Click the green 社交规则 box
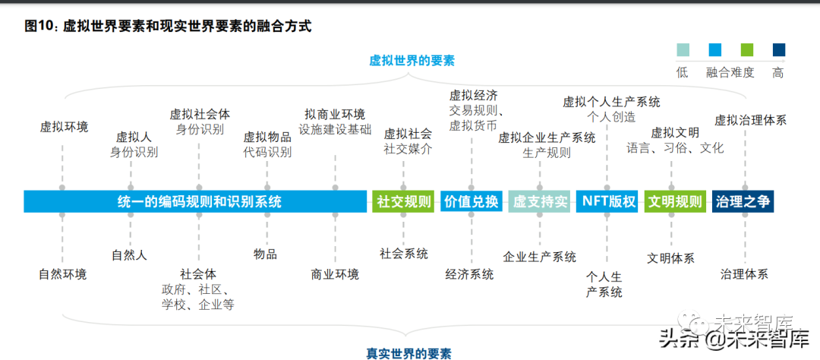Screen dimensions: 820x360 (403, 201)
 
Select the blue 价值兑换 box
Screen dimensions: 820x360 (471, 201)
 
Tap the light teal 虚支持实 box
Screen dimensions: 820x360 (539, 201)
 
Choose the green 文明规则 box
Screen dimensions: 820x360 (675, 201)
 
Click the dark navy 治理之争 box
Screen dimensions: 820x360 (743, 201)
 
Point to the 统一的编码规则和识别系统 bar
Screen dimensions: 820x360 (194, 201)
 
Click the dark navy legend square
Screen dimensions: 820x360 (778, 50)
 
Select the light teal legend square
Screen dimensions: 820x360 (683, 50)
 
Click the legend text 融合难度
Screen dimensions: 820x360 (730, 73)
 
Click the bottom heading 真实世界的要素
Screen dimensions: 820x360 (408, 352)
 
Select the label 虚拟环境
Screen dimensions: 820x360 (64, 126)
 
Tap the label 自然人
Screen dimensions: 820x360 (129, 255)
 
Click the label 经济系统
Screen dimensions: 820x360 (469, 274)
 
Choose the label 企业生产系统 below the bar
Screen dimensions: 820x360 (539, 257)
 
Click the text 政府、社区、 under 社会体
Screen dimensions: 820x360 (196, 289)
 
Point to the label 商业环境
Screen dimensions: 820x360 (335, 274)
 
